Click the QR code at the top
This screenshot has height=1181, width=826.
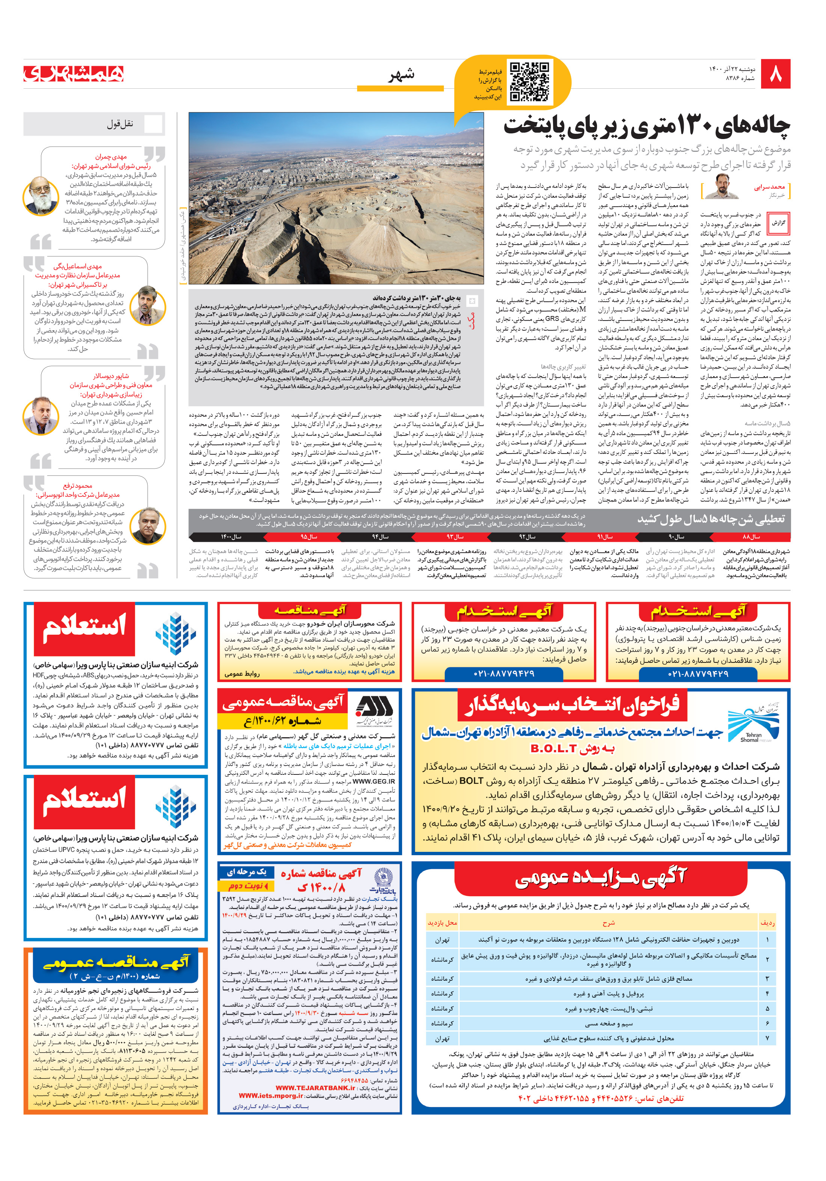coord(529,82)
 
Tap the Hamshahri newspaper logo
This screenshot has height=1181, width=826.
coord(74,74)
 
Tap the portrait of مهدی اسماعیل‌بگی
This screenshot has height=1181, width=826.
coord(148,305)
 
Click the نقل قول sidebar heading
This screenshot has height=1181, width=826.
coord(120,124)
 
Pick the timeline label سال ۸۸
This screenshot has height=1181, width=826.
coord(751,537)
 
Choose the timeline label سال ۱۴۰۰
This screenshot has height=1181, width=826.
coord(231,537)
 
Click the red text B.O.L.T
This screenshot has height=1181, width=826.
coord(560,749)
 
